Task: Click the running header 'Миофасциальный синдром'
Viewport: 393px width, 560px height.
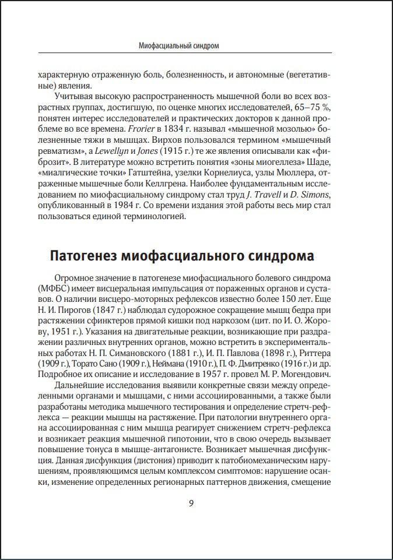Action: point(180,45)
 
